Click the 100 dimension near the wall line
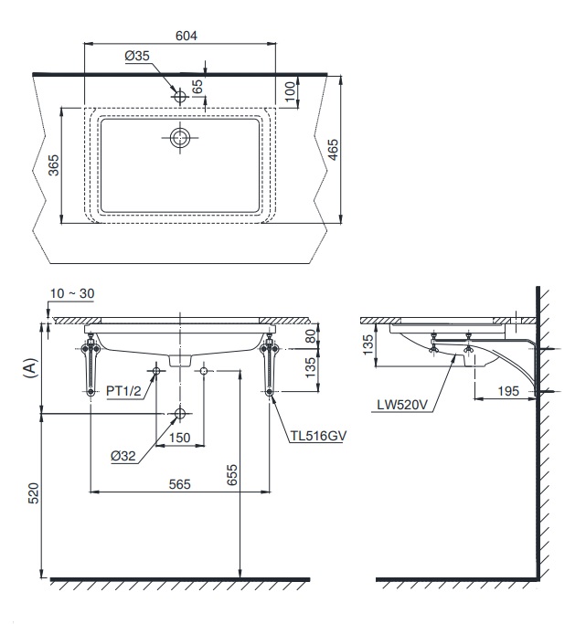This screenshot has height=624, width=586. [x=291, y=90]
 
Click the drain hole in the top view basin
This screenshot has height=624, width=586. [x=180, y=138]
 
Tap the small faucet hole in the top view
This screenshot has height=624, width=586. [x=180, y=96]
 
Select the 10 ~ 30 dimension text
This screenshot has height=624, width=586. [x=73, y=294]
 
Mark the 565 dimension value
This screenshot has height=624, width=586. [x=179, y=484]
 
